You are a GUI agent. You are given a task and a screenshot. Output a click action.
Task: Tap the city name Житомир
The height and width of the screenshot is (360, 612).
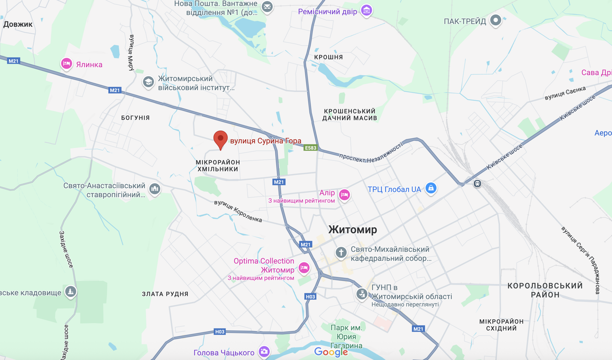[353, 230]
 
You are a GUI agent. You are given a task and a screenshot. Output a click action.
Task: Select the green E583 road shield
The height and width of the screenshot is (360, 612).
[311, 148]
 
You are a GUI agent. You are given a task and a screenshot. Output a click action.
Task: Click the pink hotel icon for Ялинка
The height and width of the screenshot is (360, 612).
[66, 64]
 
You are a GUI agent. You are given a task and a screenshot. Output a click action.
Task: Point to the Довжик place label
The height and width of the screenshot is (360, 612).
[18, 24]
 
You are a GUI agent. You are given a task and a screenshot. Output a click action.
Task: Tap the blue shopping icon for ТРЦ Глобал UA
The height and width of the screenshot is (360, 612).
[431, 188]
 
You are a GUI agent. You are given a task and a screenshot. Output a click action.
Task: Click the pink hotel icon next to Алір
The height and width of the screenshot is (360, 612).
[344, 195]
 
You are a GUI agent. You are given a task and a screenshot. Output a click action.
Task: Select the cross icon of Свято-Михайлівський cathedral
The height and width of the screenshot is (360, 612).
[341, 253]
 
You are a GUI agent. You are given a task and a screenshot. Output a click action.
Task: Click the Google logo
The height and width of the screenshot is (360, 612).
[331, 352]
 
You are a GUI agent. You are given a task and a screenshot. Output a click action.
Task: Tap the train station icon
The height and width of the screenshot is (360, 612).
[477, 183]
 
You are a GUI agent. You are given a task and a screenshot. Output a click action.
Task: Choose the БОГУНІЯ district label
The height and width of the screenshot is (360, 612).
[135, 118]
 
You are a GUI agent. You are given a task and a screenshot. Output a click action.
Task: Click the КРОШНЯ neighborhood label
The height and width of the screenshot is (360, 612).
[328, 57]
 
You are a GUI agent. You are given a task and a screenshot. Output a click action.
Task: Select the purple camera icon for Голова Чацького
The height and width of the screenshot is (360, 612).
[264, 351]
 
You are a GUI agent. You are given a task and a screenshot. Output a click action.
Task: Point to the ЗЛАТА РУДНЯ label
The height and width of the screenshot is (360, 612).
[165, 294]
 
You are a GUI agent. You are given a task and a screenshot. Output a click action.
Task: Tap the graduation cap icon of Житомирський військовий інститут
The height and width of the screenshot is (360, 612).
[148, 82]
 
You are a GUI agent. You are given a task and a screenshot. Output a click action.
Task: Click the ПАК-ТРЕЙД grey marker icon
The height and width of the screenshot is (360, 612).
[495, 20]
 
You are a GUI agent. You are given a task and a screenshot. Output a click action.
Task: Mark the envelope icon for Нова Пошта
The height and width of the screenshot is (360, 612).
[267, 6]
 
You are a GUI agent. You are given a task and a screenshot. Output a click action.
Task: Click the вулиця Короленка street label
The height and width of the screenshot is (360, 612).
[238, 211]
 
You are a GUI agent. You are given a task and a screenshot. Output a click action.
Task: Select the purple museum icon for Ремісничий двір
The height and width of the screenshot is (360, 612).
[366, 10]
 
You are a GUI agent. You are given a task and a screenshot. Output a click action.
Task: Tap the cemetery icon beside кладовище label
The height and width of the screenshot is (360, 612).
[71, 291]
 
